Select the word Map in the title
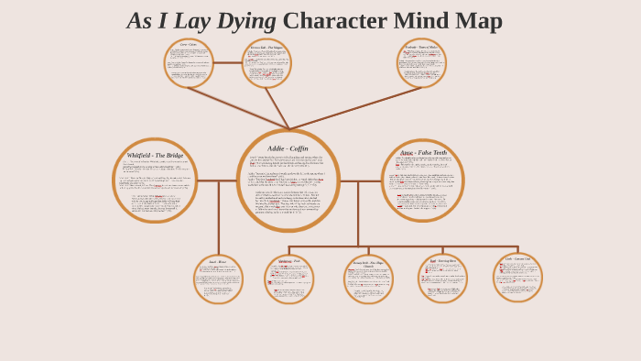(479, 21)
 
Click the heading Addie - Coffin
(288, 148)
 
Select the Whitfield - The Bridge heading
(155, 156)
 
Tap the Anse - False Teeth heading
(423, 152)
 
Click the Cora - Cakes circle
(189, 63)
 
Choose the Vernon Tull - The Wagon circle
(266, 63)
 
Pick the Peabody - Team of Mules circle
(421, 63)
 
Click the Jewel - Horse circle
(218, 279)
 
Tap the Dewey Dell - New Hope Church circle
(368, 279)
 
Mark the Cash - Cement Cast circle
(517, 278)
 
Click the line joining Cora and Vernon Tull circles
(228, 63)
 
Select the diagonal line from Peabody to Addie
(357, 107)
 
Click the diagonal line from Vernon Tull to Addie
(277, 108)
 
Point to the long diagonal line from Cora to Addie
(238, 108)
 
